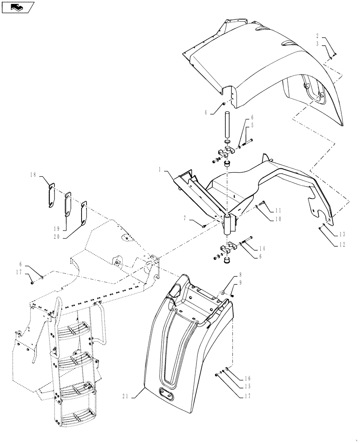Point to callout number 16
pos(247,378)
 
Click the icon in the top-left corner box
pos(17,7)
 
